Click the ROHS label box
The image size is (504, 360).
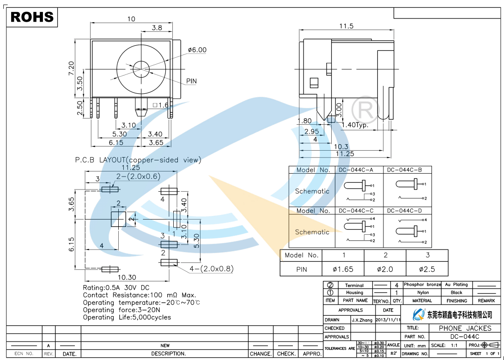tap(32, 18)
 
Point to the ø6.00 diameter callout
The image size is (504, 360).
tap(197, 50)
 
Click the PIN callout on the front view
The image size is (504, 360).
tap(191, 81)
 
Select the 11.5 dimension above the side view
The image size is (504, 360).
tap(346, 26)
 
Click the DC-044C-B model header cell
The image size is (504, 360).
tap(404, 170)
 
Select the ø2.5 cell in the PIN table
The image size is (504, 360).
tap(427, 269)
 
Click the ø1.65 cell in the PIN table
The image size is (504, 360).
tap(343, 269)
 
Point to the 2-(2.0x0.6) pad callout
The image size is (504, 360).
tap(138, 176)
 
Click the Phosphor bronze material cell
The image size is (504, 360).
tap(422, 285)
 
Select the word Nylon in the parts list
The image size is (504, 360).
tap(423, 293)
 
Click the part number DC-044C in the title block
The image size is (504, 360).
tap(465, 336)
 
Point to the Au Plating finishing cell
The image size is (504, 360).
tap(456, 285)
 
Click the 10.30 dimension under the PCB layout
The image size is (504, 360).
tap(127, 277)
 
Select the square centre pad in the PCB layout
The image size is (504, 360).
tap(118, 219)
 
